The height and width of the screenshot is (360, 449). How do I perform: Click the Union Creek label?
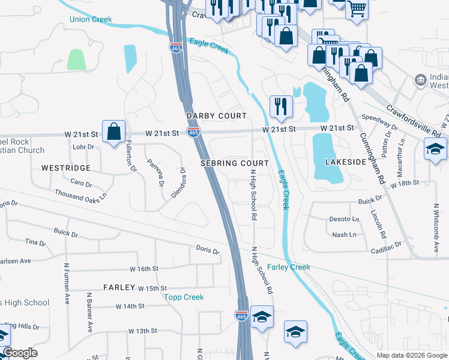click(x=91, y=20)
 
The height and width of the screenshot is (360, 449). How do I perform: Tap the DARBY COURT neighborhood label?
click(x=216, y=115)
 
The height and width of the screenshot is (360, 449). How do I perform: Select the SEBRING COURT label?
click(x=234, y=163)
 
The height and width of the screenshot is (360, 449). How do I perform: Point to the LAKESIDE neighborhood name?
click(x=345, y=162)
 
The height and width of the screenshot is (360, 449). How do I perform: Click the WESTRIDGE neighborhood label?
click(x=66, y=168)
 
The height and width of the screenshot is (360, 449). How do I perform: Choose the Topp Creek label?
click(x=184, y=297)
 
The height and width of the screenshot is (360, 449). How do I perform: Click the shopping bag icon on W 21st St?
click(x=113, y=131)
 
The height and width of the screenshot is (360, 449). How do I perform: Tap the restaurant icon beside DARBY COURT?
click(x=281, y=106)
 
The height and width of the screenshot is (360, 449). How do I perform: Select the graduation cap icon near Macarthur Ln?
click(x=435, y=148)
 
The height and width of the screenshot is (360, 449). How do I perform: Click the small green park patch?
click(x=76, y=59)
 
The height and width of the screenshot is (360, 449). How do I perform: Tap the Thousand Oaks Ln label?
click(x=80, y=195)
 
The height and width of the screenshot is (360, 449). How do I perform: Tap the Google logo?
click(x=20, y=353)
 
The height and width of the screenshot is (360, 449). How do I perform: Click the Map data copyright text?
click(x=412, y=355)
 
